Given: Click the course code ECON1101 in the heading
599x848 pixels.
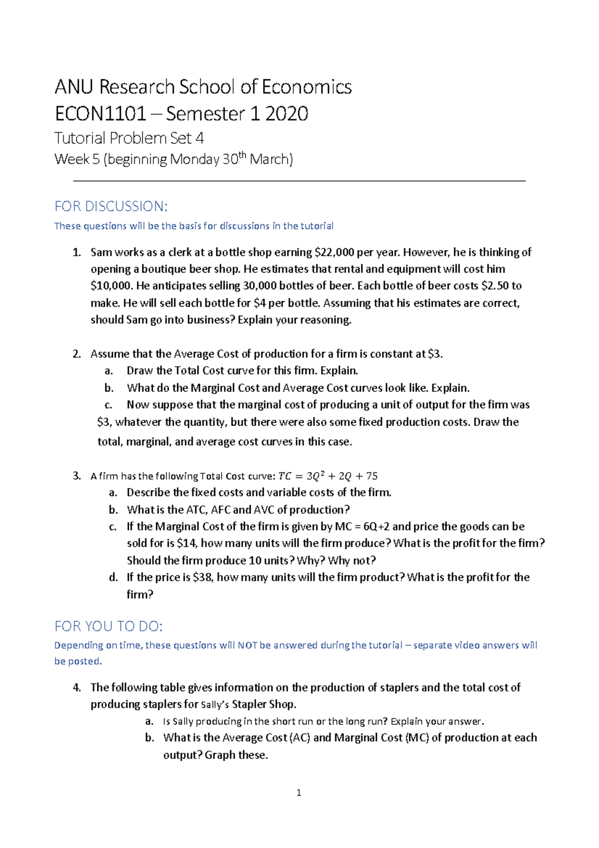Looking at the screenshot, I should (100, 114).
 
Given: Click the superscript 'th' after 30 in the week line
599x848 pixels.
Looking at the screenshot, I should (243, 155).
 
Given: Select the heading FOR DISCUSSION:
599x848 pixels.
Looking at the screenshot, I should (111, 206).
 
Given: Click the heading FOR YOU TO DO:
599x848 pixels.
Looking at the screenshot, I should (108, 626).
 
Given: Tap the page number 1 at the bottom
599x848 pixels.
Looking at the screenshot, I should (299, 793).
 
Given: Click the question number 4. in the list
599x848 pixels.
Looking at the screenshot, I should (76, 687).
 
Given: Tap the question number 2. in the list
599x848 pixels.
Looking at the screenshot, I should (76, 354).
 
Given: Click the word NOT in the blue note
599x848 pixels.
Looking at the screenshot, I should (247, 645).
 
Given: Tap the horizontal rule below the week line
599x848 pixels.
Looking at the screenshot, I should (299, 181).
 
